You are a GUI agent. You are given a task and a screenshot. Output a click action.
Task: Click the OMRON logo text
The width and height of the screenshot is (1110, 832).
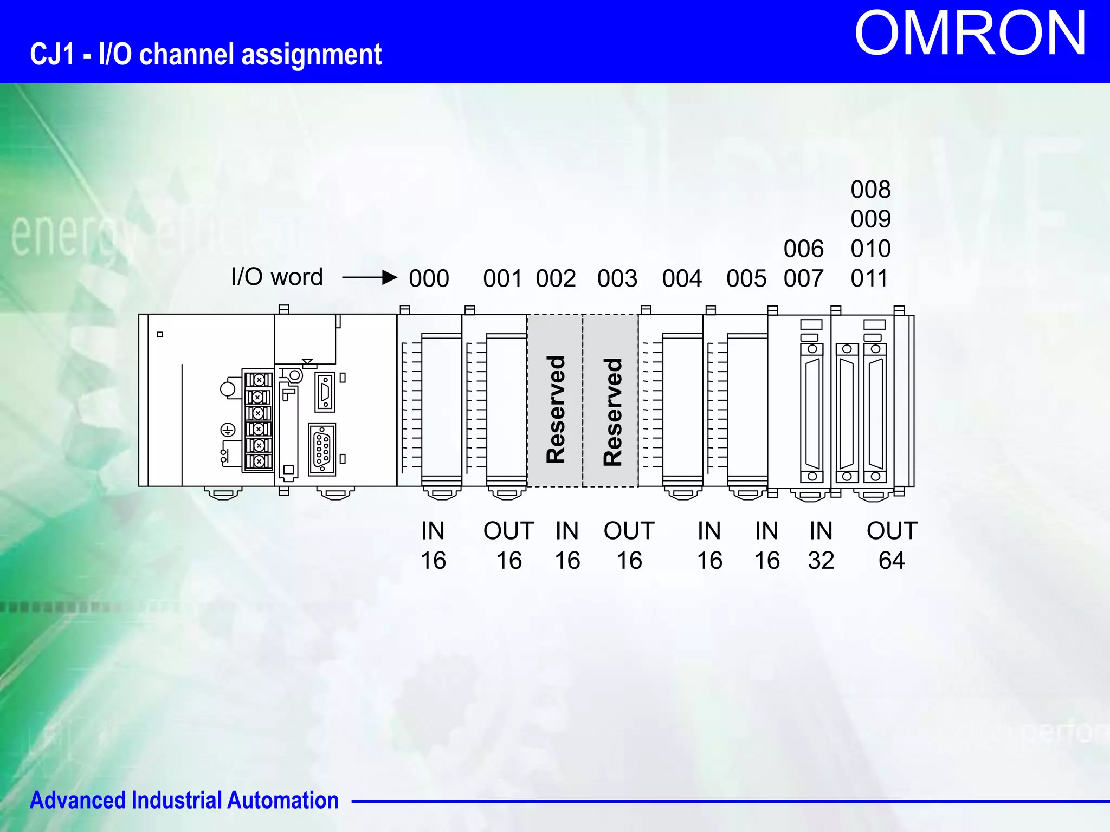(x=970, y=34)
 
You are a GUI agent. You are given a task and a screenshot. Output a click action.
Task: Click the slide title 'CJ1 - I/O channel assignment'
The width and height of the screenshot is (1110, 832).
(x=206, y=55)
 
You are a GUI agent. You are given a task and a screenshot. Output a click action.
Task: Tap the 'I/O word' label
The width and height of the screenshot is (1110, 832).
(x=276, y=277)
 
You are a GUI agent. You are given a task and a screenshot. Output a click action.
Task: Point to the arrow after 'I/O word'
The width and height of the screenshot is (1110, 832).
(x=370, y=277)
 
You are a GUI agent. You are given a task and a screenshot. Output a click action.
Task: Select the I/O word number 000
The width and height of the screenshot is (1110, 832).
(x=429, y=278)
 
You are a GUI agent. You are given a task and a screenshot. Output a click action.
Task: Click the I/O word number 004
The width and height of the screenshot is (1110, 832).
(x=682, y=278)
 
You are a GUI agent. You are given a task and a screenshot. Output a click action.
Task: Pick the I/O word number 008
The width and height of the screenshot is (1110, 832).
(x=870, y=190)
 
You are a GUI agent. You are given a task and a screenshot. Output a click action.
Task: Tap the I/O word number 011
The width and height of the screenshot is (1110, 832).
(x=869, y=278)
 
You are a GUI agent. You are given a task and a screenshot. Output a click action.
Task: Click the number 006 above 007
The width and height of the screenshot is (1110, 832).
(x=803, y=249)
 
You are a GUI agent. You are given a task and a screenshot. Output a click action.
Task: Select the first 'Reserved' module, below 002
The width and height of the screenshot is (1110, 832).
(x=555, y=401)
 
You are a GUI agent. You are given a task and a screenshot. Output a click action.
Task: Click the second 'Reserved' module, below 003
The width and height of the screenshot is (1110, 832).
(x=611, y=401)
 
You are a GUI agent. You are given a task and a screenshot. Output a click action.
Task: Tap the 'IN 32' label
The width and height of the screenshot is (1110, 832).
(x=821, y=545)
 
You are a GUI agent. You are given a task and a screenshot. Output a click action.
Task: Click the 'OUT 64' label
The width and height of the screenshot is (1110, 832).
(x=892, y=545)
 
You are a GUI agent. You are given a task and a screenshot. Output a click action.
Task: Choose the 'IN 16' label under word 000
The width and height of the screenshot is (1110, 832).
(x=433, y=545)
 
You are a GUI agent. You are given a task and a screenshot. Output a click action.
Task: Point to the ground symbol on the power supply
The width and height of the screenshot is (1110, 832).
(x=228, y=430)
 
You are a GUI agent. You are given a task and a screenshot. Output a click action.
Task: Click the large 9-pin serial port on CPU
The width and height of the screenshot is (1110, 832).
(x=322, y=450)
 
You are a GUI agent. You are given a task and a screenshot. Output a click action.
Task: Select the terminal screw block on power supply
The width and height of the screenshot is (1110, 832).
(x=259, y=421)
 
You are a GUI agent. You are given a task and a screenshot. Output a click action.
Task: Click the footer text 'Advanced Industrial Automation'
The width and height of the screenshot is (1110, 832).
(x=184, y=801)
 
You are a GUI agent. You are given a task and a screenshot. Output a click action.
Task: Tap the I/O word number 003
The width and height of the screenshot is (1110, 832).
(x=617, y=278)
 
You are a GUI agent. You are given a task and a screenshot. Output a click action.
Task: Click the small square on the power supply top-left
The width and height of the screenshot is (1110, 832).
(x=160, y=334)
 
